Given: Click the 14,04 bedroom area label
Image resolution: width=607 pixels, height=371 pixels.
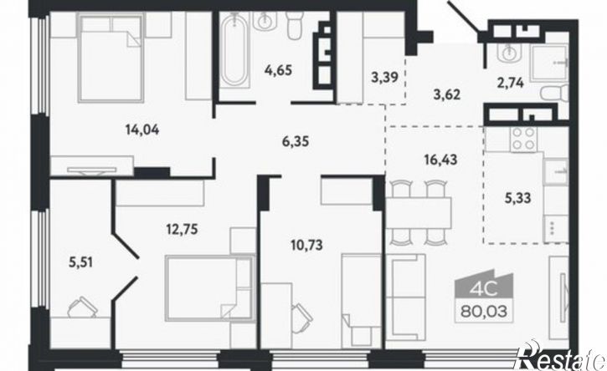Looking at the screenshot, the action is click(x=142, y=130).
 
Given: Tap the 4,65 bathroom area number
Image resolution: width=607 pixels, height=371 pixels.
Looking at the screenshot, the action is click(x=278, y=71).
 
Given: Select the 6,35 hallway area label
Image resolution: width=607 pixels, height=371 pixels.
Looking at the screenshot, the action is click(x=296, y=141).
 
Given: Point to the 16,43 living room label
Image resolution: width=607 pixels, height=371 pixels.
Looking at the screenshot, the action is click(x=440, y=160).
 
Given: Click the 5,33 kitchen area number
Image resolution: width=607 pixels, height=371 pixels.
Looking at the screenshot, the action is click(x=517, y=199).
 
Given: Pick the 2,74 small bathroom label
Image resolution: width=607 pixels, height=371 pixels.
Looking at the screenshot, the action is click(x=511, y=83).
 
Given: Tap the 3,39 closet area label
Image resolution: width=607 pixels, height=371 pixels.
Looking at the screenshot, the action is click(x=384, y=78).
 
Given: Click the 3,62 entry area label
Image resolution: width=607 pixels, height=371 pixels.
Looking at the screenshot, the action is click(x=447, y=94).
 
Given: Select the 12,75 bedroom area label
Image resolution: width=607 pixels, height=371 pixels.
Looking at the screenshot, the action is click(x=182, y=230).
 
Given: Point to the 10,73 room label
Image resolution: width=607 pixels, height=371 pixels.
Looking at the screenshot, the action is click(x=306, y=245).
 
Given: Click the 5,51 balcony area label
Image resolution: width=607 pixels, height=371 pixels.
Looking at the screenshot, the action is click(x=80, y=262).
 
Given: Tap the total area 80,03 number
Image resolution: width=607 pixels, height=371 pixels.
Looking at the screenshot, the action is click(x=484, y=311).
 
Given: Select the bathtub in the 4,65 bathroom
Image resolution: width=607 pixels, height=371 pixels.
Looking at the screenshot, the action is click(x=235, y=51).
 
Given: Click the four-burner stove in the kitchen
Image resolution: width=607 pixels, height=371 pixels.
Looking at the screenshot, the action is click(x=524, y=139).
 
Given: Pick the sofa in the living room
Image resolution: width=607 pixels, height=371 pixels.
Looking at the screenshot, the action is click(x=406, y=297).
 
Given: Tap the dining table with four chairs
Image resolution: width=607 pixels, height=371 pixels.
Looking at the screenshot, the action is click(x=419, y=212).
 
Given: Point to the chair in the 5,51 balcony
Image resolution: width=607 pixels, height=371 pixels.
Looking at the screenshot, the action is click(x=82, y=307).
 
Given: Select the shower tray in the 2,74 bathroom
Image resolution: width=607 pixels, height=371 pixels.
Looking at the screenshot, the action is click(x=549, y=64).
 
